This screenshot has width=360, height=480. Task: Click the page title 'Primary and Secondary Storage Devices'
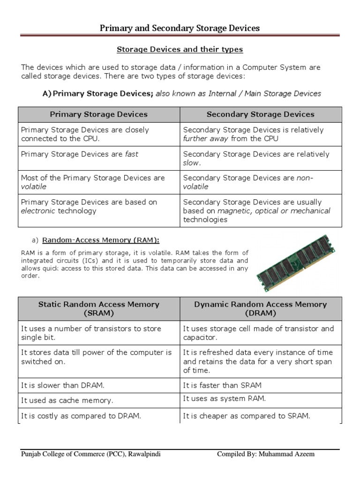point(180,29)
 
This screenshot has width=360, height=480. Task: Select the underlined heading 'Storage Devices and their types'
point(180,49)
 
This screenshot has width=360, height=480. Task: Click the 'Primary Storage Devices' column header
point(98,114)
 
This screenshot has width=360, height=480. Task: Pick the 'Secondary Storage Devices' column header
point(261,114)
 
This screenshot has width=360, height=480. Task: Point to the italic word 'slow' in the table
point(191,163)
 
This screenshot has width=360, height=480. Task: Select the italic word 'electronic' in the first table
point(38,211)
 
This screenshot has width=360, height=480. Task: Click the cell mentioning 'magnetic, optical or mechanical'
point(261,211)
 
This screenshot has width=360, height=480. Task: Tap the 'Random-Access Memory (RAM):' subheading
point(101,240)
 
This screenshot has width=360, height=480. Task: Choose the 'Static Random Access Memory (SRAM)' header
point(98,308)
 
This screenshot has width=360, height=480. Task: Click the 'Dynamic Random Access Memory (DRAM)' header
point(261,308)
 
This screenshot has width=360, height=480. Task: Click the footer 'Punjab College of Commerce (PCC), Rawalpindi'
point(91,454)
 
